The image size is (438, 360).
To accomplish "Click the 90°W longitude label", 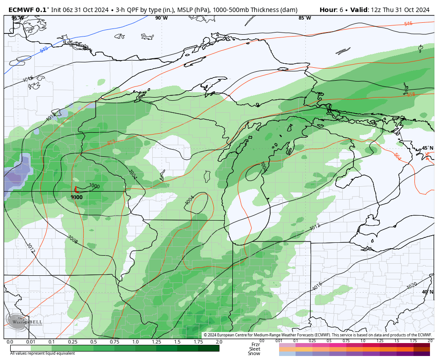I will [162, 18].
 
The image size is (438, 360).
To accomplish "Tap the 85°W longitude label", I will [305, 18].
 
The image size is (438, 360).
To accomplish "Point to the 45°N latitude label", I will [427, 148].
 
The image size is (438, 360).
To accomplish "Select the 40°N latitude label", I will [427, 292].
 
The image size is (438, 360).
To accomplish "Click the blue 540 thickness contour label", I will [44, 49].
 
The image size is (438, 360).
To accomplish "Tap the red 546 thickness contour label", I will [408, 24].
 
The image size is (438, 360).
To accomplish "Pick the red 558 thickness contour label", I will [411, 94].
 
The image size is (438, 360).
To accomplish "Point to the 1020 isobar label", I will [412, 285].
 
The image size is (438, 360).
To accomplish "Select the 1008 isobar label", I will [73, 240].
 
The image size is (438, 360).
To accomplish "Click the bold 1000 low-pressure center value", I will [77, 197].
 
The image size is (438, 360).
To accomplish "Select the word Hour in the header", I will [328, 10].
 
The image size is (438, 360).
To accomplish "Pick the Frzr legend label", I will [255, 344].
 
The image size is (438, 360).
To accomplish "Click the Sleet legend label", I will [254, 349].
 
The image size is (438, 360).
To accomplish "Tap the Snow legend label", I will [254, 353].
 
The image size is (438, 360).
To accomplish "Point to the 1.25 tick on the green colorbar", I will [156, 342].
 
